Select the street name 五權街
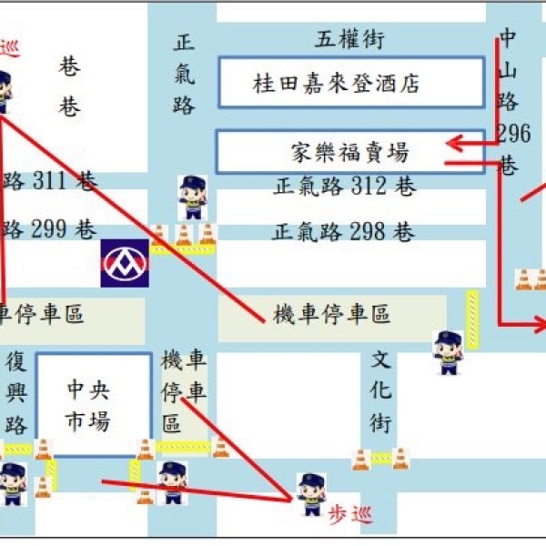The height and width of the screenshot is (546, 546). tap(350, 40)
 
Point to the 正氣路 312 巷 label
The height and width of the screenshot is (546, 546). tap(344, 187)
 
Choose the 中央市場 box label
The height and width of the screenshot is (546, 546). tap(88, 405)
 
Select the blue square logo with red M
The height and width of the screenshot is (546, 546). tap(125, 263)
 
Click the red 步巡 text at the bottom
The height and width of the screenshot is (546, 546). tap(350, 516)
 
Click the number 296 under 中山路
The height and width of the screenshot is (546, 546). tap(513, 134)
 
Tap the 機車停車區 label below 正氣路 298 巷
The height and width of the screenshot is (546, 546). tap(332, 315)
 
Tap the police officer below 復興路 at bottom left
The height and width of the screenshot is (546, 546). tap(12, 483)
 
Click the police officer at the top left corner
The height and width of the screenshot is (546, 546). tap(4, 91)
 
